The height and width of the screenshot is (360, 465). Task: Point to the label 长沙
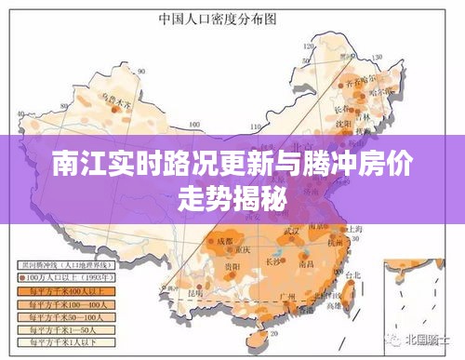coord(296,261)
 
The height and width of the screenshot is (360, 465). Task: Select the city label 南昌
coord(326,266)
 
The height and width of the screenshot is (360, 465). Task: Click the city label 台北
coord(352,276)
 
